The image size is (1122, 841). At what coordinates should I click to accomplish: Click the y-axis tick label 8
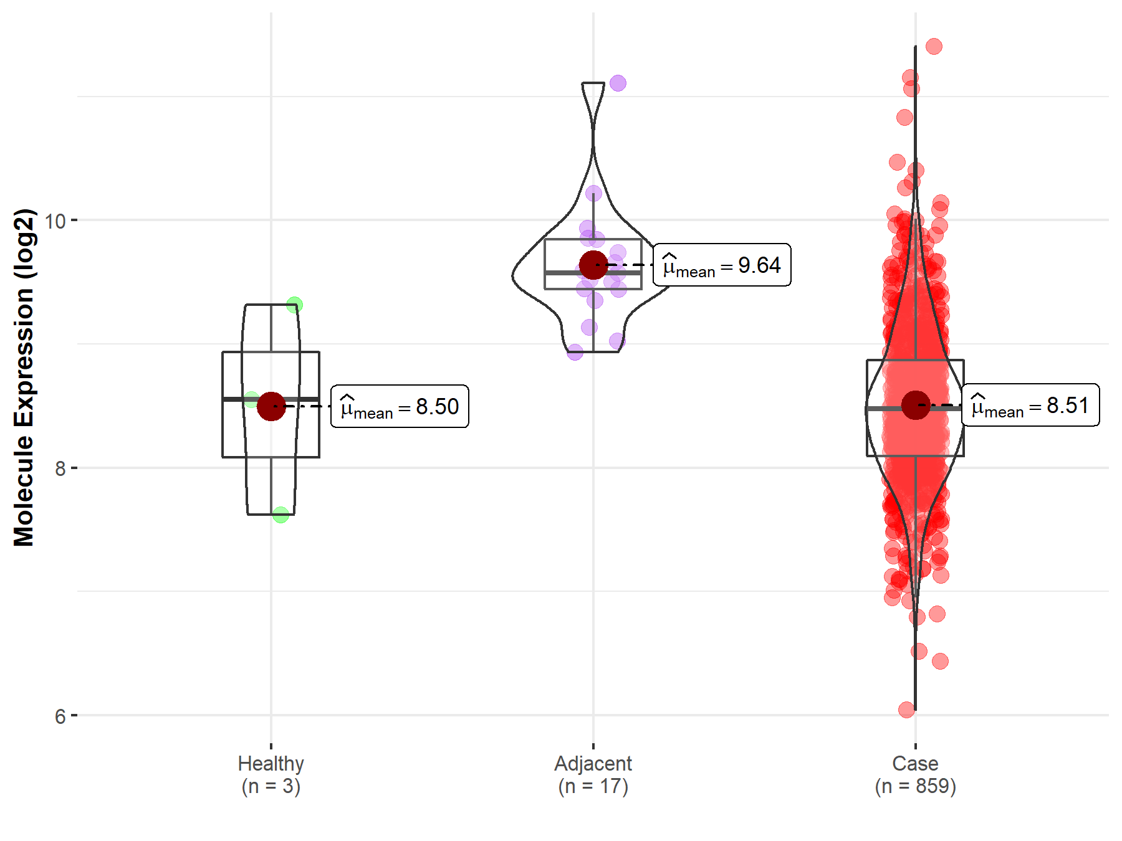60,468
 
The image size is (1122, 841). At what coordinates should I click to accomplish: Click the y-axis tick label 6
60,716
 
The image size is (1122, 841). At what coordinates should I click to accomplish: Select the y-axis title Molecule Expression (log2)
24,378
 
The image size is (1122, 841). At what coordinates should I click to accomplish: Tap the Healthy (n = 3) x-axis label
271,774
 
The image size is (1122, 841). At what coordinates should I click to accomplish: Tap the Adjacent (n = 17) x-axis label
593,774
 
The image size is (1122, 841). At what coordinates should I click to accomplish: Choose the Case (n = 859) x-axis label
915,774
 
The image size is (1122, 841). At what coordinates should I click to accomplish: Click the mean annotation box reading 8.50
400,407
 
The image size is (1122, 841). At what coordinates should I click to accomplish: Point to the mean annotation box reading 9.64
722,265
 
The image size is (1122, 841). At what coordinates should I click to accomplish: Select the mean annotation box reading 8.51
1030,406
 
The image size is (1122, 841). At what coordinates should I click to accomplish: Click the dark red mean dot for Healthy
271,407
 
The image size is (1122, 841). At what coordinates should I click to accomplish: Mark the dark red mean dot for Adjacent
593,265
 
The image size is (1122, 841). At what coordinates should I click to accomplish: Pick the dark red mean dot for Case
915,406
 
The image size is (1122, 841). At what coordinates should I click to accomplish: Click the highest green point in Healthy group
294,305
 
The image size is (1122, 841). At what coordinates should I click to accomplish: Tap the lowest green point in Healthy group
280,515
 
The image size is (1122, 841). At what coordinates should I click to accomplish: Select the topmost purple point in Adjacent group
618,83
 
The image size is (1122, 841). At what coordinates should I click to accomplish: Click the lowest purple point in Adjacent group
575,352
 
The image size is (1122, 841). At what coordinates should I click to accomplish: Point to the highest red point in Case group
934,46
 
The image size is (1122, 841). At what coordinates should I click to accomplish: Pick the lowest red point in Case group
906,710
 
